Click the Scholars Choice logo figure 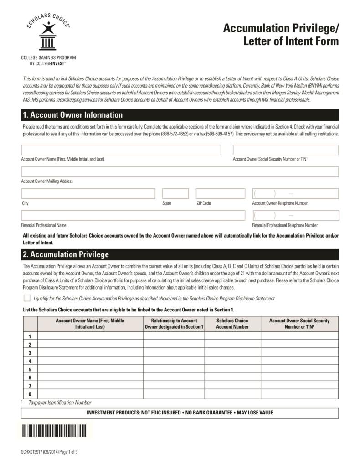pyautogui.click(x=48, y=37)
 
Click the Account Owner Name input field pyautogui.click(x=121, y=150)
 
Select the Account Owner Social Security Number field pyautogui.click(x=286, y=150)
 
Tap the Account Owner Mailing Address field pyautogui.click(x=180, y=172)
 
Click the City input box pyautogui.click(x=88, y=194)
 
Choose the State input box pyautogui.click(x=175, y=194)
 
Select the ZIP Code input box pyautogui.click(x=221, y=194)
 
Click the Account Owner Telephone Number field pyautogui.click(x=295, y=194)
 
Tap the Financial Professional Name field pyautogui.click(x=133, y=215)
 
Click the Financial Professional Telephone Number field pyautogui.click(x=295, y=215)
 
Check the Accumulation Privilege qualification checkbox pyautogui.click(x=27, y=298)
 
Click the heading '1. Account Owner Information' pyautogui.click(x=72, y=115)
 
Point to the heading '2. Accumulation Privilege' pyautogui.click(x=66, y=254)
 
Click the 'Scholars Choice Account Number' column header pyautogui.click(x=232, y=324)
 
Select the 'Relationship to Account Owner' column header pyautogui.click(x=174, y=324)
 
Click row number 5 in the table pyautogui.click(x=30, y=369)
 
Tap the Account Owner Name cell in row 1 pyautogui.click(x=90, y=336)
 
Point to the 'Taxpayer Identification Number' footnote pyautogui.click(x=60, y=403)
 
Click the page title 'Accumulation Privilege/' pyautogui.click(x=281, y=29)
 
